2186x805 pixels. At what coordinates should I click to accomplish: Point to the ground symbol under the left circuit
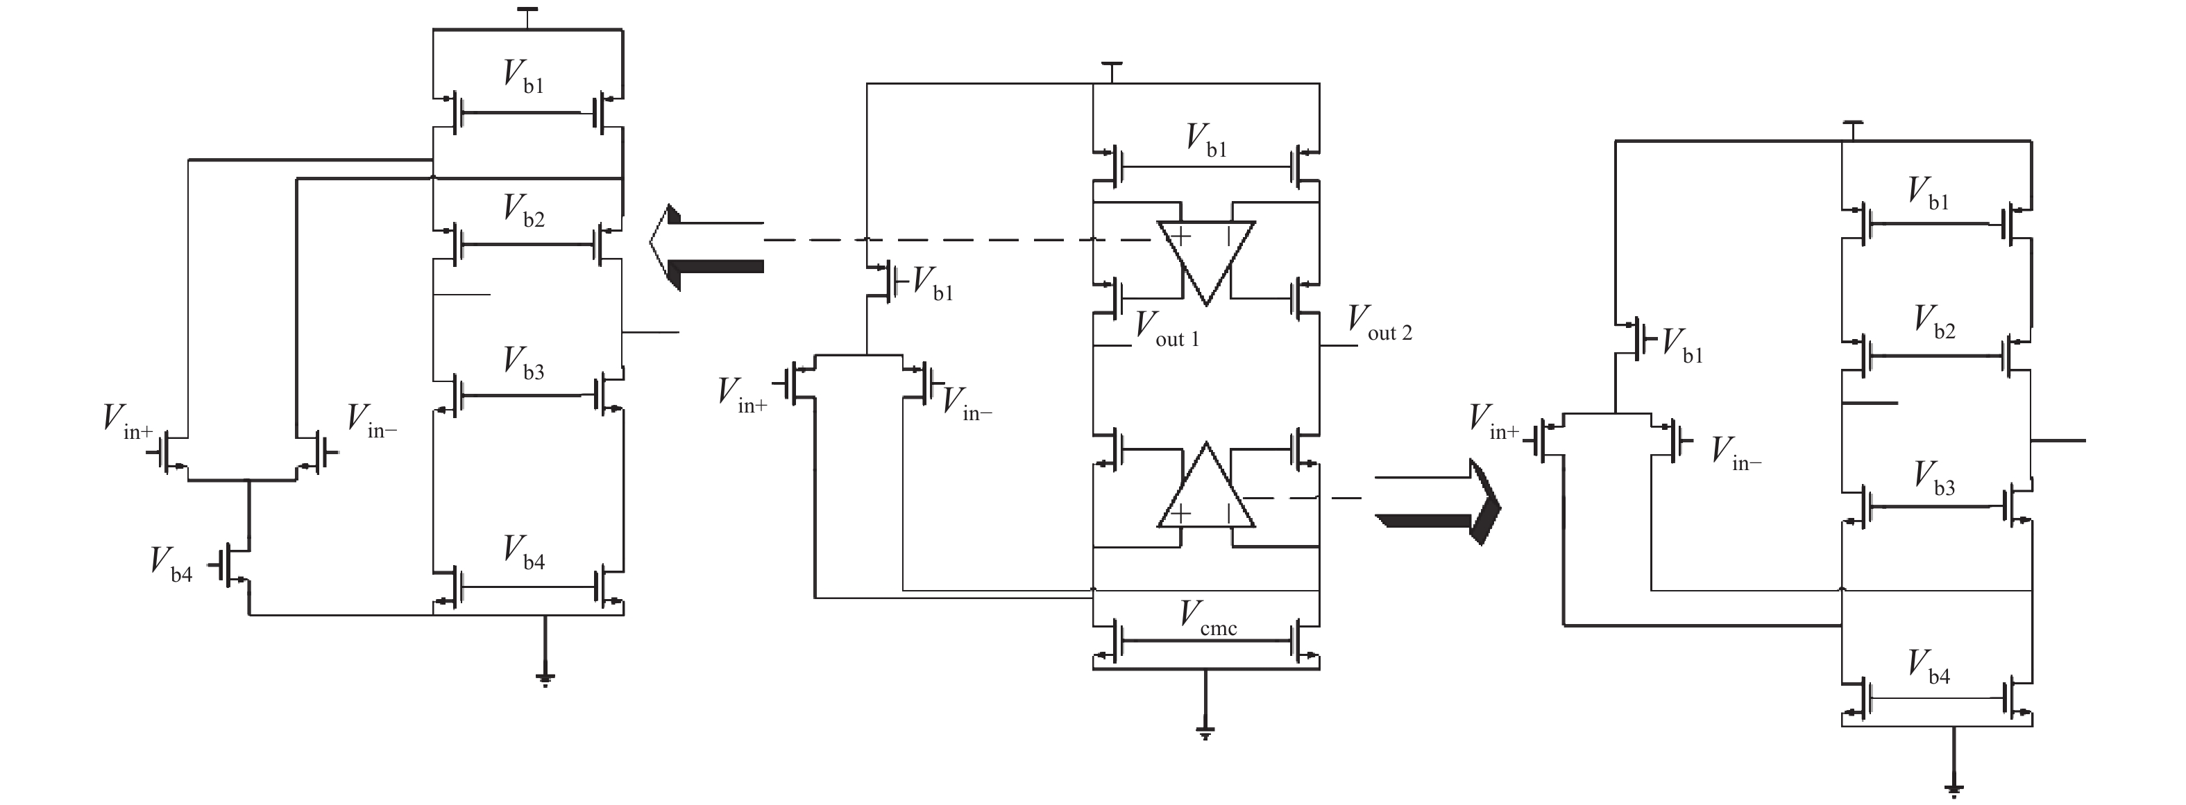545,677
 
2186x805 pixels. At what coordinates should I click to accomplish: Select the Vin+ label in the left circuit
127,422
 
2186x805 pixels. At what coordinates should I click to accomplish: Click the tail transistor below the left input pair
233,565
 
